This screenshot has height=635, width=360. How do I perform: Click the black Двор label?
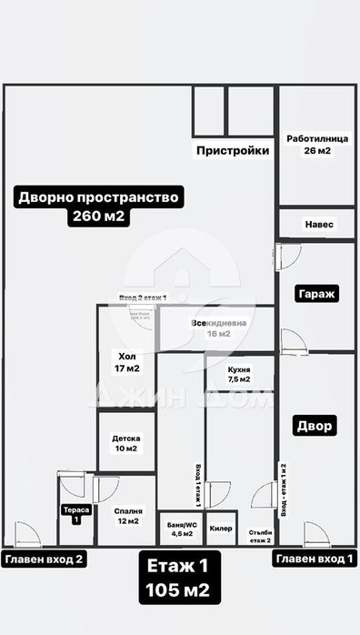[x=315, y=425]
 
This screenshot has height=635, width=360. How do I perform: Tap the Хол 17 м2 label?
[x=127, y=362]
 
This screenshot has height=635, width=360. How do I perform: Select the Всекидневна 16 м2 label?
[x=217, y=328]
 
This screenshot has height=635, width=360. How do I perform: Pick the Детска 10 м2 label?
[x=125, y=442]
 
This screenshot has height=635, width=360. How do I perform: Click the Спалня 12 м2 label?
[x=126, y=515]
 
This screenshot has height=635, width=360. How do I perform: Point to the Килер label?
[x=220, y=528]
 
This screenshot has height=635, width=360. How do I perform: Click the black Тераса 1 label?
[x=76, y=515]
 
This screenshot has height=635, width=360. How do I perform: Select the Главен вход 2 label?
[x=45, y=560]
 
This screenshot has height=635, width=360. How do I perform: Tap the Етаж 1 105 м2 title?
[x=178, y=579]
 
